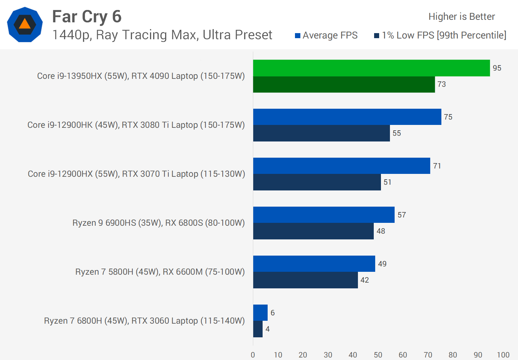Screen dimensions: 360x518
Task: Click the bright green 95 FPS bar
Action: [x=371, y=68]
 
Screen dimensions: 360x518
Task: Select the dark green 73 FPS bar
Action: [x=344, y=84]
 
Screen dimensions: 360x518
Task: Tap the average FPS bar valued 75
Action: [x=347, y=117]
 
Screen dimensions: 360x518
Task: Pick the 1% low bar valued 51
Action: [x=317, y=182]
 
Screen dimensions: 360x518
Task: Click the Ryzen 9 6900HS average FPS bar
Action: [x=324, y=215]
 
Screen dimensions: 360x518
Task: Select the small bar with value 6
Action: [x=260, y=312]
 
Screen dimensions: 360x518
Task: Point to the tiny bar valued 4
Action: [x=258, y=329]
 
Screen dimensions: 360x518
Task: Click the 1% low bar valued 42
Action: [x=305, y=280]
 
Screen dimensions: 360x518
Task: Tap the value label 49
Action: [x=382, y=264]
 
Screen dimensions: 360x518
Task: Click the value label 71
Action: [x=437, y=166]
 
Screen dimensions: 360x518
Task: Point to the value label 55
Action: [x=397, y=133]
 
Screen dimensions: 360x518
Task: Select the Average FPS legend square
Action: [x=297, y=36]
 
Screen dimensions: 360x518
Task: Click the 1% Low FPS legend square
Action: [x=377, y=36]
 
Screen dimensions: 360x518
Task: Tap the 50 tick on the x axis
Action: [x=378, y=355]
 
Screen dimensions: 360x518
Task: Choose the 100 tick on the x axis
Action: [x=503, y=355]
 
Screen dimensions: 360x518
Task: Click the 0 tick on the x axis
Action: [x=253, y=355]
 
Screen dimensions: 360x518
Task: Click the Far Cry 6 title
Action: [x=87, y=17]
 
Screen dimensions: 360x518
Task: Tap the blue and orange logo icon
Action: [x=25, y=24]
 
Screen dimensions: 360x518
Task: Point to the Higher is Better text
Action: [x=462, y=17]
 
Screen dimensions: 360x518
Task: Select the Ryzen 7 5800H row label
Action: [x=160, y=272]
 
